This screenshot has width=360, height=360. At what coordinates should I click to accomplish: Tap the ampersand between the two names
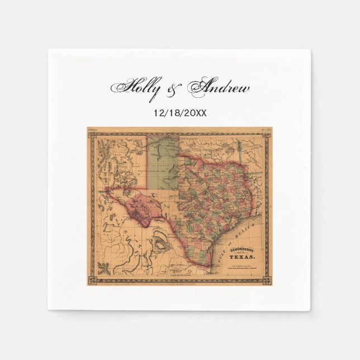(178, 89)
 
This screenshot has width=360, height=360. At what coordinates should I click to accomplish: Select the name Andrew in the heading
(219, 88)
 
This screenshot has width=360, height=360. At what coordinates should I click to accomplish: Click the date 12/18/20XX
(179, 112)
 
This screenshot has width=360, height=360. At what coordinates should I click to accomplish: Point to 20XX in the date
(195, 112)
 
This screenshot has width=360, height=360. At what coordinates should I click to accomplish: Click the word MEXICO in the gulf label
(249, 228)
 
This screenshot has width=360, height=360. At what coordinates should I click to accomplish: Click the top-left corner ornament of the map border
(92, 132)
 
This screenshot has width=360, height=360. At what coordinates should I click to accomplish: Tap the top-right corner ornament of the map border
(267, 132)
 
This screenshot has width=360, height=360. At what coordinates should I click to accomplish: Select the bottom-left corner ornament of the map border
(92, 278)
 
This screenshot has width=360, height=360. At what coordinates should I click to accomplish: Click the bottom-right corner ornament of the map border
(267, 278)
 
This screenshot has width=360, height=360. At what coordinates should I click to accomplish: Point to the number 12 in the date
(158, 112)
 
